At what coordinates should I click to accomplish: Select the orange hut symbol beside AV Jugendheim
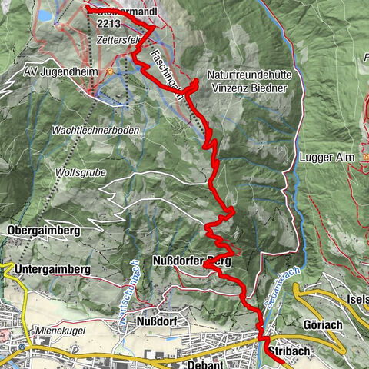[110, 71]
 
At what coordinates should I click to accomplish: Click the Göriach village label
[323, 324]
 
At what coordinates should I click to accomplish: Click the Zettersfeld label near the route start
[123, 38]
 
